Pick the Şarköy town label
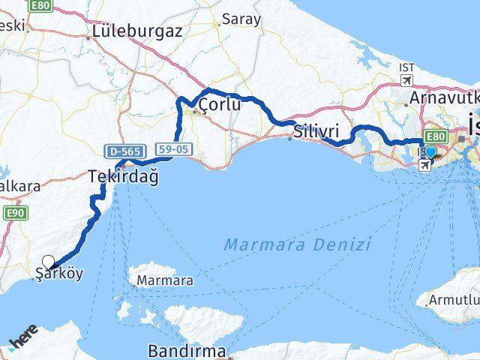point(60,274)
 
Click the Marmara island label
point(164,281)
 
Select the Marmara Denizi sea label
point(298,244)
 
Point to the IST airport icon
point(407,80)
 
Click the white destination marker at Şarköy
point(49,262)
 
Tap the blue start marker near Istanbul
point(430,152)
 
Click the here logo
point(25,342)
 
